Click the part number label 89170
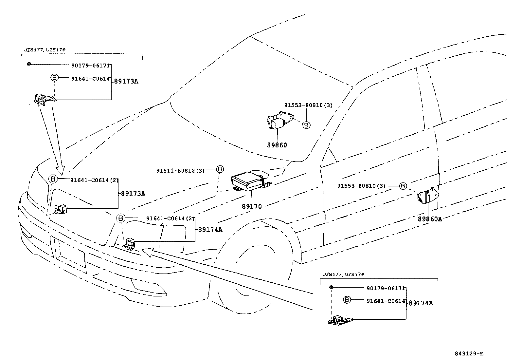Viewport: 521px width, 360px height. pyautogui.click(x=252, y=207)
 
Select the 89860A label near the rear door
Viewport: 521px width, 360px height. pyautogui.click(x=429, y=219)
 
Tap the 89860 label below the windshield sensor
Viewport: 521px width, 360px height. pyautogui.click(x=277, y=145)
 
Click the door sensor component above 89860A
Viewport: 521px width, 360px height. pyautogui.click(x=426, y=196)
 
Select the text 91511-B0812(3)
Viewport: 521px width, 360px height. pyautogui.click(x=180, y=171)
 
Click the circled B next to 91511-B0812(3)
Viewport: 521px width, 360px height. pyautogui.click(x=220, y=169)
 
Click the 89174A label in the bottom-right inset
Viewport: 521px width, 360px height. pyautogui.click(x=421, y=303)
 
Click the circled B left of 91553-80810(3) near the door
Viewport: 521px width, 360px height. pyautogui.click(x=403, y=186)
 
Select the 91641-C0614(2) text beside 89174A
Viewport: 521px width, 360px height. pyautogui.click(x=170, y=218)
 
